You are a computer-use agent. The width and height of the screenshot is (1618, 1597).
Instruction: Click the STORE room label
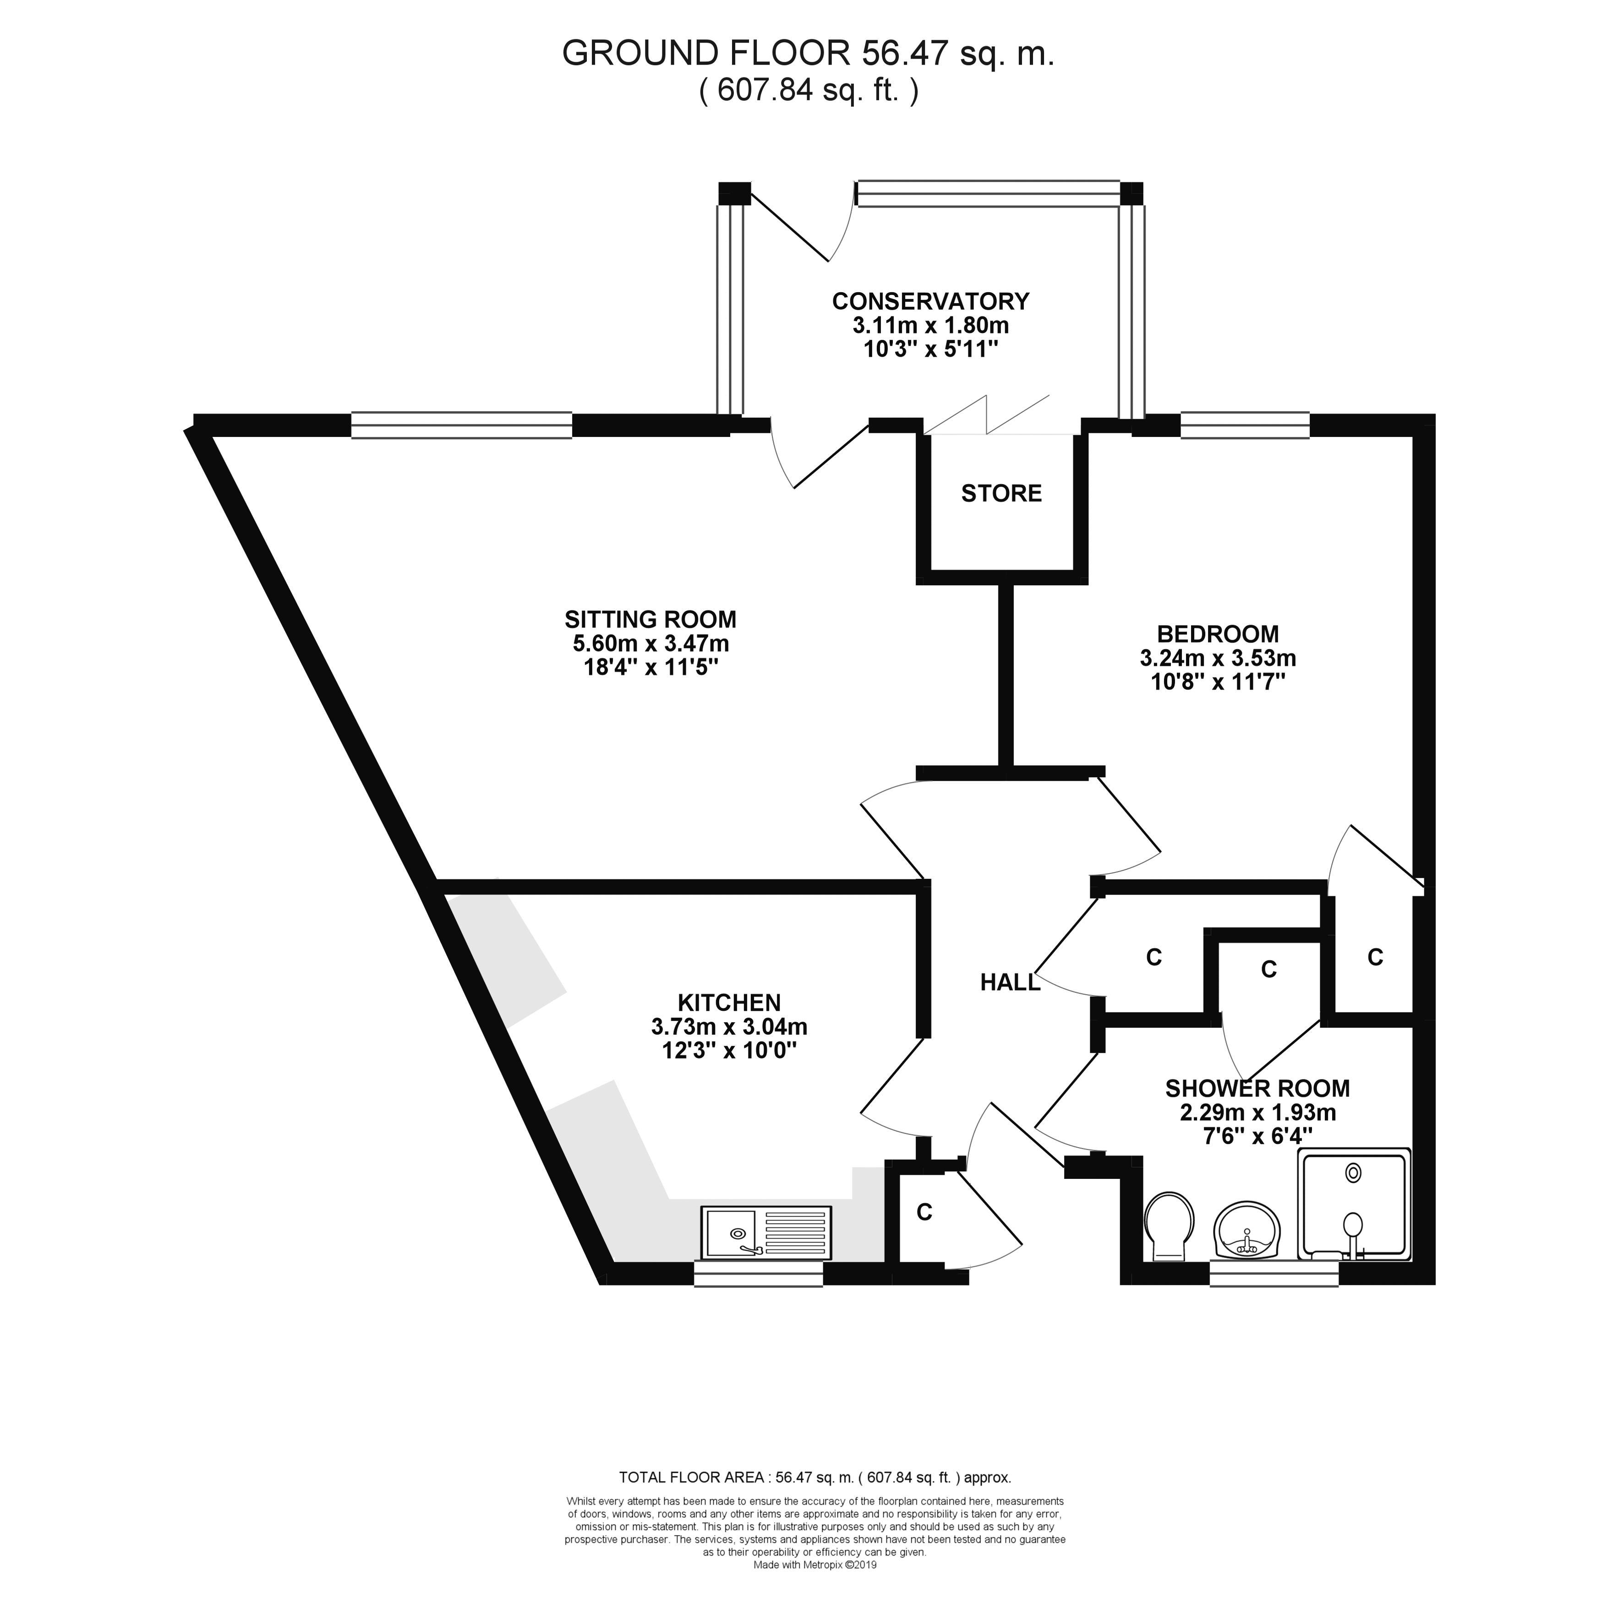[x=1001, y=493]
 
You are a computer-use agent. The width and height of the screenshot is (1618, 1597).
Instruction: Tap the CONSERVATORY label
[x=930, y=300]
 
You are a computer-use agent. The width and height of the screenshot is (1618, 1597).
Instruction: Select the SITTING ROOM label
[x=650, y=620]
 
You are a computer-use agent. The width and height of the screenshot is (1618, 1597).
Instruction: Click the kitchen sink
[x=765, y=1233]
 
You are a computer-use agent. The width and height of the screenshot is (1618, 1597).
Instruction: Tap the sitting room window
[x=461, y=425]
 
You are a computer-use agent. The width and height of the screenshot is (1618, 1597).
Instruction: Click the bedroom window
[x=1245, y=425]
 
